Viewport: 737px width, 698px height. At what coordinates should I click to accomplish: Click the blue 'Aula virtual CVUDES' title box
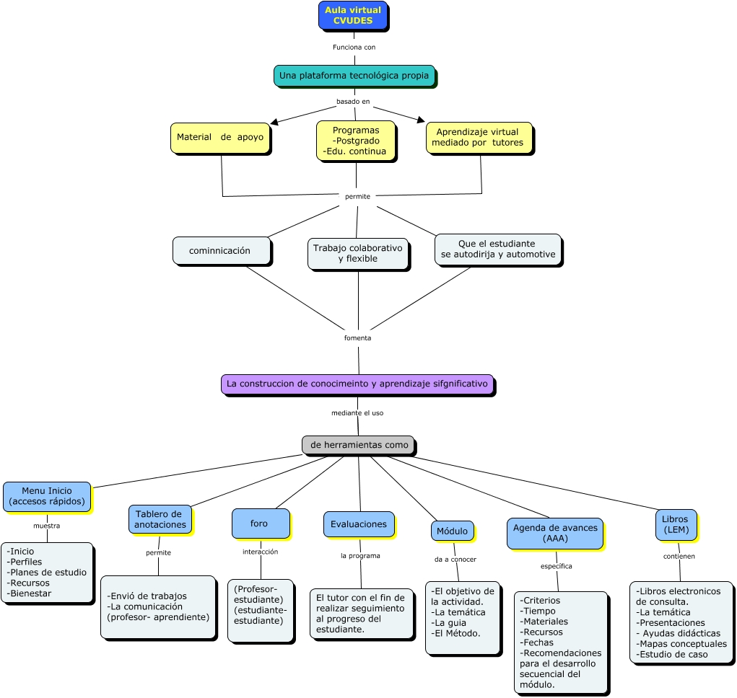[x=353, y=16]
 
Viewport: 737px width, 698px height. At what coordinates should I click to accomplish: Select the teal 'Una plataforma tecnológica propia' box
[x=354, y=75]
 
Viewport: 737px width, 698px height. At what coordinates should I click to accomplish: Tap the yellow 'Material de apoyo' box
[x=220, y=137]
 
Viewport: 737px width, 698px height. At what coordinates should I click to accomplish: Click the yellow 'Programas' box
[x=355, y=141]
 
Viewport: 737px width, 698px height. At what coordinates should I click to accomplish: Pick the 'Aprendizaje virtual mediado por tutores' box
[x=479, y=138]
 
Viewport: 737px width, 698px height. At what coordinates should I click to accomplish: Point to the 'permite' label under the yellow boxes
[x=357, y=196]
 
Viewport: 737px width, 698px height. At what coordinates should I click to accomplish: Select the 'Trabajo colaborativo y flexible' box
[x=357, y=254]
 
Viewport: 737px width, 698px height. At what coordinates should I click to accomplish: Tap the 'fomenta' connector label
[x=357, y=337]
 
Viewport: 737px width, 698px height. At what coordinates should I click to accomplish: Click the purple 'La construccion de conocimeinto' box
[x=357, y=384]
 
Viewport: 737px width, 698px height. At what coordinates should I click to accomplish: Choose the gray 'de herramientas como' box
[x=358, y=445]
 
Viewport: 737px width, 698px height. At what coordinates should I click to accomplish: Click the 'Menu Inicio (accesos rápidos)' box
[x=47, y=496]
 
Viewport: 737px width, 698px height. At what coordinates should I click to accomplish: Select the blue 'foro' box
[x=260, y=523]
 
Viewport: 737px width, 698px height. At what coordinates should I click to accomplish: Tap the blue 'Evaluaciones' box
[x=359, y=524]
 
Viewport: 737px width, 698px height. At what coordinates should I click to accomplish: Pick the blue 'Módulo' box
[x=453, y=531]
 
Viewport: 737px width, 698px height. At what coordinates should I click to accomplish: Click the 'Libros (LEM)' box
[x=676, y=524]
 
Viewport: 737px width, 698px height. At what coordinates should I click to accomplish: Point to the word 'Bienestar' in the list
[x=29, y=593]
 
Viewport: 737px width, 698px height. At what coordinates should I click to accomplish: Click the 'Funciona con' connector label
[x=354, y=47]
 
